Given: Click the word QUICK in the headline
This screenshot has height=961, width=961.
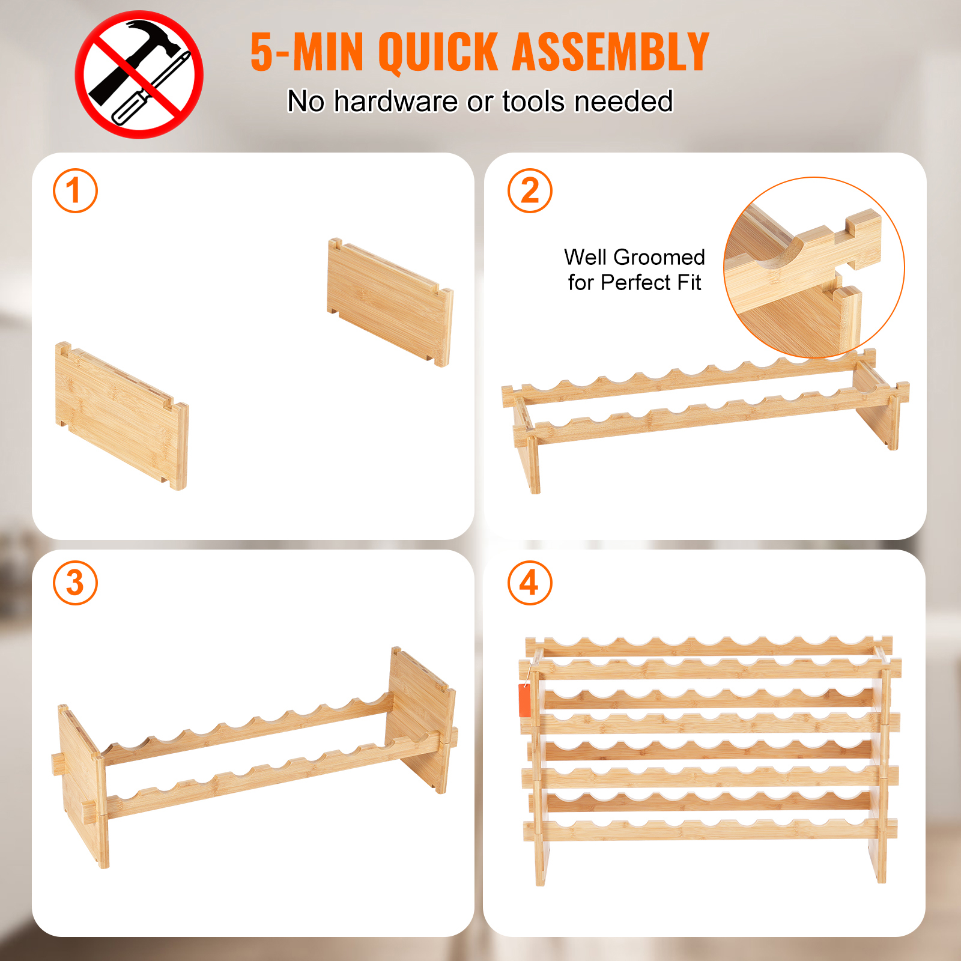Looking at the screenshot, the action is point(438,53).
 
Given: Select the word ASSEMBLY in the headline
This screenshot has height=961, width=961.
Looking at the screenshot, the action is point(611,52).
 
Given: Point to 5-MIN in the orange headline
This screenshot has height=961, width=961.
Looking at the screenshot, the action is point(307,52).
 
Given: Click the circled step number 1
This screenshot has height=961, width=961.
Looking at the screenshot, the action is point(75,191).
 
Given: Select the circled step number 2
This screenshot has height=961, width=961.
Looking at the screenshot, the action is point(530,191).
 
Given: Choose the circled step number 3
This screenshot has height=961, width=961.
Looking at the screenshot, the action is point(75,583).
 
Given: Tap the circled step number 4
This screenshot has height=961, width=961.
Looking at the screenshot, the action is point(530,583).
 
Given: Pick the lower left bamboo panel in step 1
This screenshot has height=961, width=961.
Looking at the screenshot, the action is point(122,416).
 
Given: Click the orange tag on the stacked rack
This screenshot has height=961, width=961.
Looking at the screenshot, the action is point(525,700).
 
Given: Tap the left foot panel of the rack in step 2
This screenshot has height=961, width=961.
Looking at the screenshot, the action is point(526,447).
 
